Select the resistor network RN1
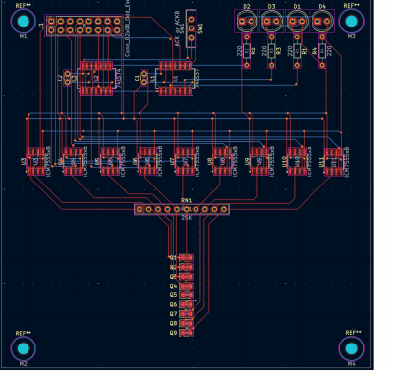click(x=182, y=209)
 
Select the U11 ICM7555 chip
click(x=332, y=160)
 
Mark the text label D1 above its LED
click(x=297, y=7)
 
